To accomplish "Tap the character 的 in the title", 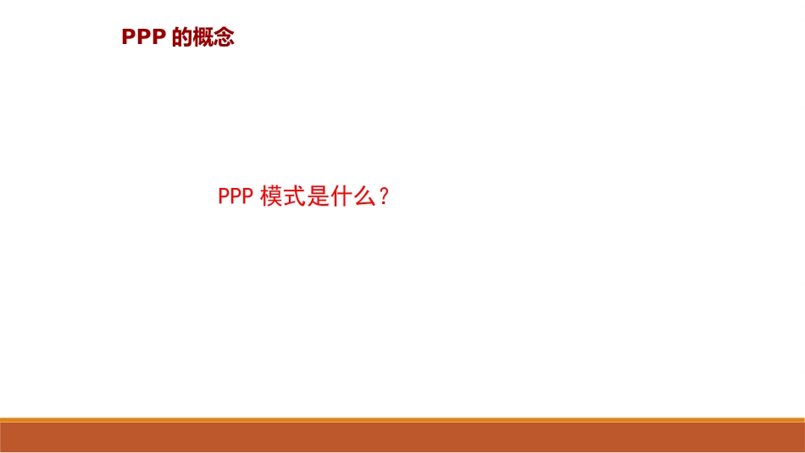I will [x=182, y=38].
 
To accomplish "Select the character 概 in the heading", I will [x=203, y=38].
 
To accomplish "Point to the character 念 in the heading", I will [x=224, y=38].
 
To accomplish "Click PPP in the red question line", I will [x=236, y=196].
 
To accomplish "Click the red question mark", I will [x=385, y=196].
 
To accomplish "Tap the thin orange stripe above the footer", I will [x=402, y=419].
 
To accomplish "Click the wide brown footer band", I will [x=402, y=437].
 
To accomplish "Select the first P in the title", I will [x=129, y=38].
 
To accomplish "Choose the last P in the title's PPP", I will [x=157, y=38].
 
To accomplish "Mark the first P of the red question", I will [x=225, y=196].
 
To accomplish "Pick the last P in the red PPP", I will [x=247, y=196].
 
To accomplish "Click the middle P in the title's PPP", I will [x=143, y=38].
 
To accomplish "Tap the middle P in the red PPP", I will [x=236, y=196].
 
